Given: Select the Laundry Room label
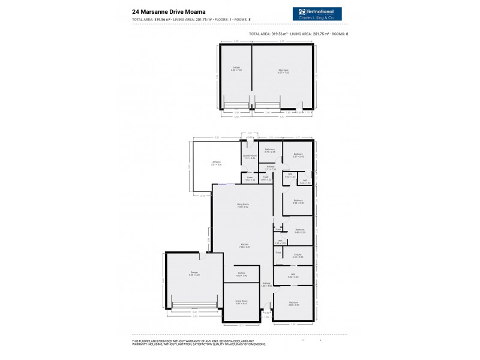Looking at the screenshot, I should (250, 157).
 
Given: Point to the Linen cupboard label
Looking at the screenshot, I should (250, 178).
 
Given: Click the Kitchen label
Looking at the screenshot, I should (245, 244).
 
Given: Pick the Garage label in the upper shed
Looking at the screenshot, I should (236, 68).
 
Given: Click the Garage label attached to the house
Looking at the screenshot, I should (194, 273).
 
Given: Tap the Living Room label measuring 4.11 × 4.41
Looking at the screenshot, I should (241, 302).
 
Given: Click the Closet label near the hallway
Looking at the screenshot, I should (278, 229).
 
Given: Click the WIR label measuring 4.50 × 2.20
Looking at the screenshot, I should (293, 276).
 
